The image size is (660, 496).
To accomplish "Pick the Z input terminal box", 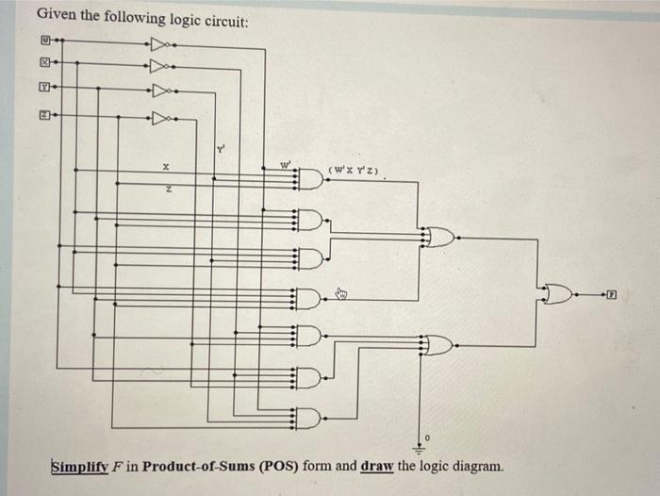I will click(x=43, y=117).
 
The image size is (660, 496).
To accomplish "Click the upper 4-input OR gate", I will click(x=440, y=238).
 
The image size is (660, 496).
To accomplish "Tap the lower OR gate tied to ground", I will click(x=440, y=345).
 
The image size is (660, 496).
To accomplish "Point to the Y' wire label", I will click(x=222, y=148).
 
